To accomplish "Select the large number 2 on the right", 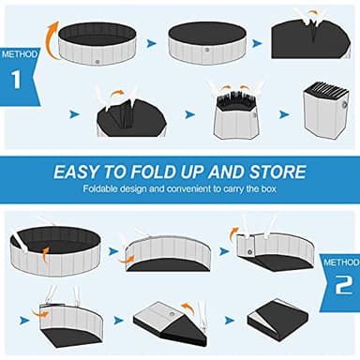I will coord(339,283).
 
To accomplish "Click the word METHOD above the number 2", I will coord(338,261).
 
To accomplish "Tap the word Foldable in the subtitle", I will coord(109,190).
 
